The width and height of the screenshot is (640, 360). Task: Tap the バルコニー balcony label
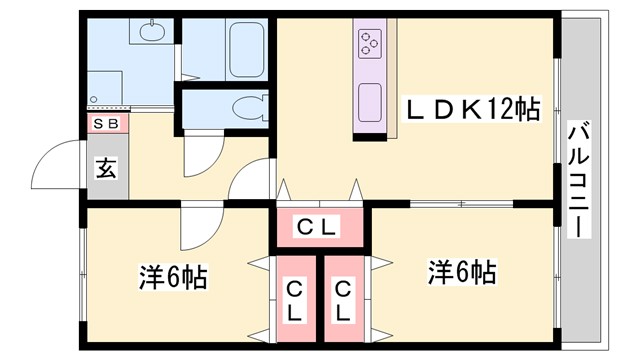tap(578, 179)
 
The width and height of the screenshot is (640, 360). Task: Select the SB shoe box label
tap(104, 124)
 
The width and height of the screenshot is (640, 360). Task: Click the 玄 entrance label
tap(105, 166)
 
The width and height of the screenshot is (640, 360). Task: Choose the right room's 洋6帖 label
tap(463, 270)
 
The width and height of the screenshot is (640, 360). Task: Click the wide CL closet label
tap(320, 228)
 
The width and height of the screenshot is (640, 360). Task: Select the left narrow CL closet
tap(295, 301)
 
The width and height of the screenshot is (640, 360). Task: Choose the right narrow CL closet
tap(343, 301)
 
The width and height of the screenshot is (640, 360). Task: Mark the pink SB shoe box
tap(104, 124)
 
